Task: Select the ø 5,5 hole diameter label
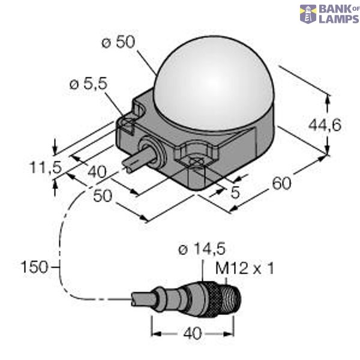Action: point(88,85)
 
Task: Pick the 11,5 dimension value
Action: point(46,168)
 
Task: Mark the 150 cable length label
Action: point(34,266)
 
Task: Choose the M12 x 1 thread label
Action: point(244,268)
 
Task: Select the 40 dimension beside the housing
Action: point(97,172)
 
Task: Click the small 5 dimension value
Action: point(236,193)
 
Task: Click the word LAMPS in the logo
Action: point(338,18)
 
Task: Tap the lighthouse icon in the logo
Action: point(308,14)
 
